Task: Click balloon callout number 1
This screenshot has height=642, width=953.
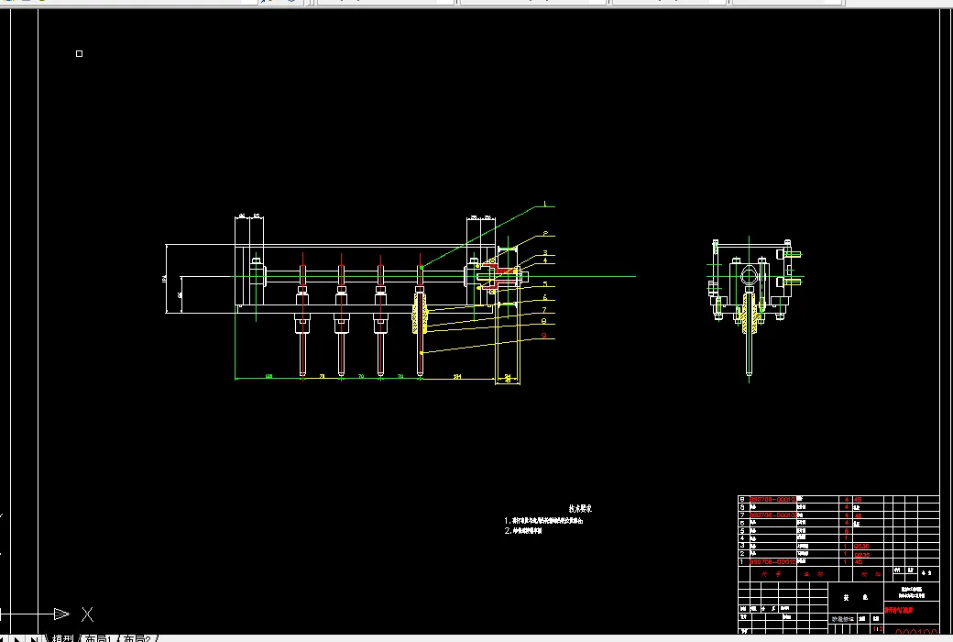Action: pyautogui.click(x=544, y=204)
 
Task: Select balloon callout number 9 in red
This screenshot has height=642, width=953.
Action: pyautogui.click(x=544, y=336)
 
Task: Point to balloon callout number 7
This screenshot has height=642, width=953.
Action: pyautogui.click(x=544, y=310)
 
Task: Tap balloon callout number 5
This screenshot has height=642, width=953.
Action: pyautogui.click(x=544, y=284)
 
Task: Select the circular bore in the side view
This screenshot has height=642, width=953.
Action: pyautogui.click(x=750, y=272)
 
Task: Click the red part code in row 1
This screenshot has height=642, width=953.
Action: pyautogui.click(x=772, y=561)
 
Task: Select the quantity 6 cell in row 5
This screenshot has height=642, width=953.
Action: pyautogui.click(x=846, y=530)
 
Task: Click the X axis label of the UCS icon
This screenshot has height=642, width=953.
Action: pyautogui.click(x=87, y=614)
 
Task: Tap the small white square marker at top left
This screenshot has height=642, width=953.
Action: pyautogui.click(x=79, y=54)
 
